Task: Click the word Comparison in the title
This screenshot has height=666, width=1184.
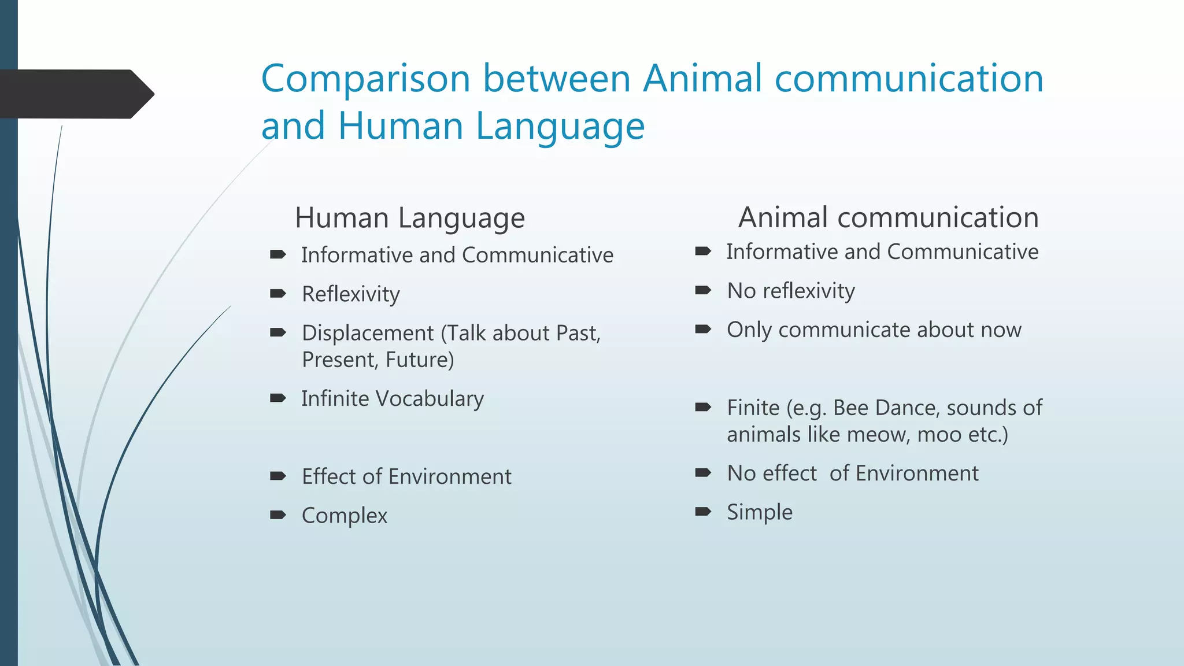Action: pos(365,79)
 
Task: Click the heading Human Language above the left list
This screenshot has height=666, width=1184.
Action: pos(409,218)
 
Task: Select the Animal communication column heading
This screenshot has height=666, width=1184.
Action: pos(888,217)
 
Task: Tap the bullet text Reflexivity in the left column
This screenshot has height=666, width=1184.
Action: pos(350,294)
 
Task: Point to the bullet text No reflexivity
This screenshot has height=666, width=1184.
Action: pos(790,291)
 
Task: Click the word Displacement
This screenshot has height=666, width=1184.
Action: pos(368,333)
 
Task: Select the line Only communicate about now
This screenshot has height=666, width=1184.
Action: pos(874,330)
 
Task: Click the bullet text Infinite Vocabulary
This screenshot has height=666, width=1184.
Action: pos(392,399)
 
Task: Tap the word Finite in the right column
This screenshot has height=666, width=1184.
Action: pos(753,408)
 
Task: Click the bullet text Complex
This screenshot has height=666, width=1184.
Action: pos(344,516)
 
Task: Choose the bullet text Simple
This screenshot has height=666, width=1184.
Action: pos(759,512)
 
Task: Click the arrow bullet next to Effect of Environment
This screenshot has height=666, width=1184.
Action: pos(278,476)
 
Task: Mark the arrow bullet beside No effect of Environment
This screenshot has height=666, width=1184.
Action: pos(703,473)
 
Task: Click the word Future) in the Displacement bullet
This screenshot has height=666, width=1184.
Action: pos(420,360)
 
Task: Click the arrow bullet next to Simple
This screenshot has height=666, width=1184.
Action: pos(703,512)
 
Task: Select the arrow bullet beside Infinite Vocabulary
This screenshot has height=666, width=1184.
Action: pos(278,398)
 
